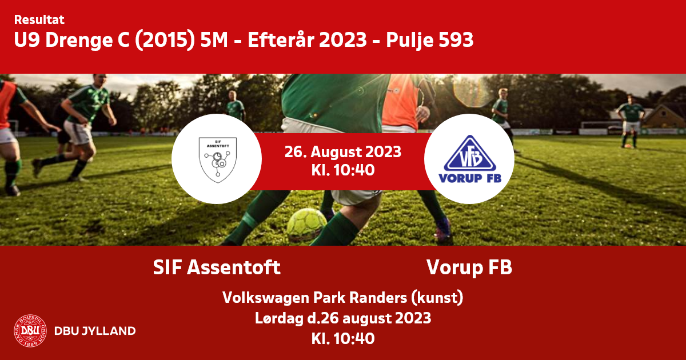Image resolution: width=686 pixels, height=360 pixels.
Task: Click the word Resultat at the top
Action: click(39, 20)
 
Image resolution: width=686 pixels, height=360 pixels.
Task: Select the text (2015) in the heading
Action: click(165, 40)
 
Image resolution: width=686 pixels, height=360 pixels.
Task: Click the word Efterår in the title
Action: click(281, 39)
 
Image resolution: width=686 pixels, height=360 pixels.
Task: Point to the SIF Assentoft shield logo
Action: click(217, 160)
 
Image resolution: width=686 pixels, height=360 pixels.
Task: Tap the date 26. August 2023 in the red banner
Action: click(342, 151)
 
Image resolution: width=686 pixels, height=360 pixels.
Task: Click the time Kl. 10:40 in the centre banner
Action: click(342, 170)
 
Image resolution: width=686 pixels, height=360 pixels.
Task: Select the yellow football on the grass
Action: click(306, 225)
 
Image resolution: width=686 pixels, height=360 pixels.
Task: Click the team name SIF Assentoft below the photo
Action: click(217, 267)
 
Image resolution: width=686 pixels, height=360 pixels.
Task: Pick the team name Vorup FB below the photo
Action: click(469, 267)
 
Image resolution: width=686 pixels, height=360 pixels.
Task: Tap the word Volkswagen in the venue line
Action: click(266, 298)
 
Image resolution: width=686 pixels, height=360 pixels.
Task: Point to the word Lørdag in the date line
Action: click(279, 318)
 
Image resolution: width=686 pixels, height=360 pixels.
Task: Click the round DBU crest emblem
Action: click(30, 331)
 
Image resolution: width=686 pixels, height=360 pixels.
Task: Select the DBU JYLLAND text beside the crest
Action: click(95, 331)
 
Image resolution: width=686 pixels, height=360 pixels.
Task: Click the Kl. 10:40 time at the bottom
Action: click(342, 338)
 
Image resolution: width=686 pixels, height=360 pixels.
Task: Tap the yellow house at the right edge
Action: click(664, 117)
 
